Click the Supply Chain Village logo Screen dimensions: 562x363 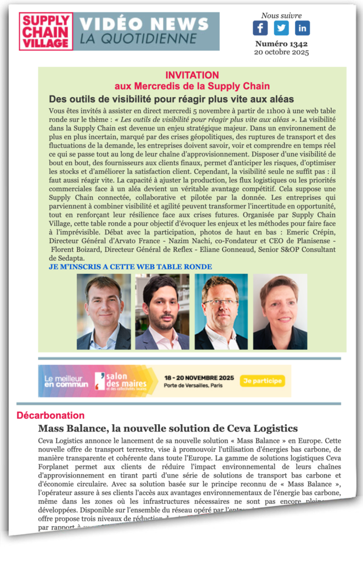[46, 31]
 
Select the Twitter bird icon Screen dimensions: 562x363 [281, 28]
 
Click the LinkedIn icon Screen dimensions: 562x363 [302, 28]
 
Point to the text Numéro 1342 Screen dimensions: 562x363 [281, 44]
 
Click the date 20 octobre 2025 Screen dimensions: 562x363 [281, 53]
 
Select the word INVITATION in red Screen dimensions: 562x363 [192, 75]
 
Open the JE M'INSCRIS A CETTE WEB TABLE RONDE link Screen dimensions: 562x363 [131, 267]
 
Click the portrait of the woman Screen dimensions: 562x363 [280, 312]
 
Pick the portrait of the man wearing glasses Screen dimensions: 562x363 [221, 312]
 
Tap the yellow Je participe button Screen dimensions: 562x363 [262, 380]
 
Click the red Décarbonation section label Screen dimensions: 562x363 [50, 415]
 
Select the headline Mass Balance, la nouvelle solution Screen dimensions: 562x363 [167, 428]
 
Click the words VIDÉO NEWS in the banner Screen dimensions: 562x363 [144, 25]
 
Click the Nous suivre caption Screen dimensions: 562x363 [281, 15]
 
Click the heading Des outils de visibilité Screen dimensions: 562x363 [171, 99]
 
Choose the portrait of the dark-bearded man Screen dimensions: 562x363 [162, 312]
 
